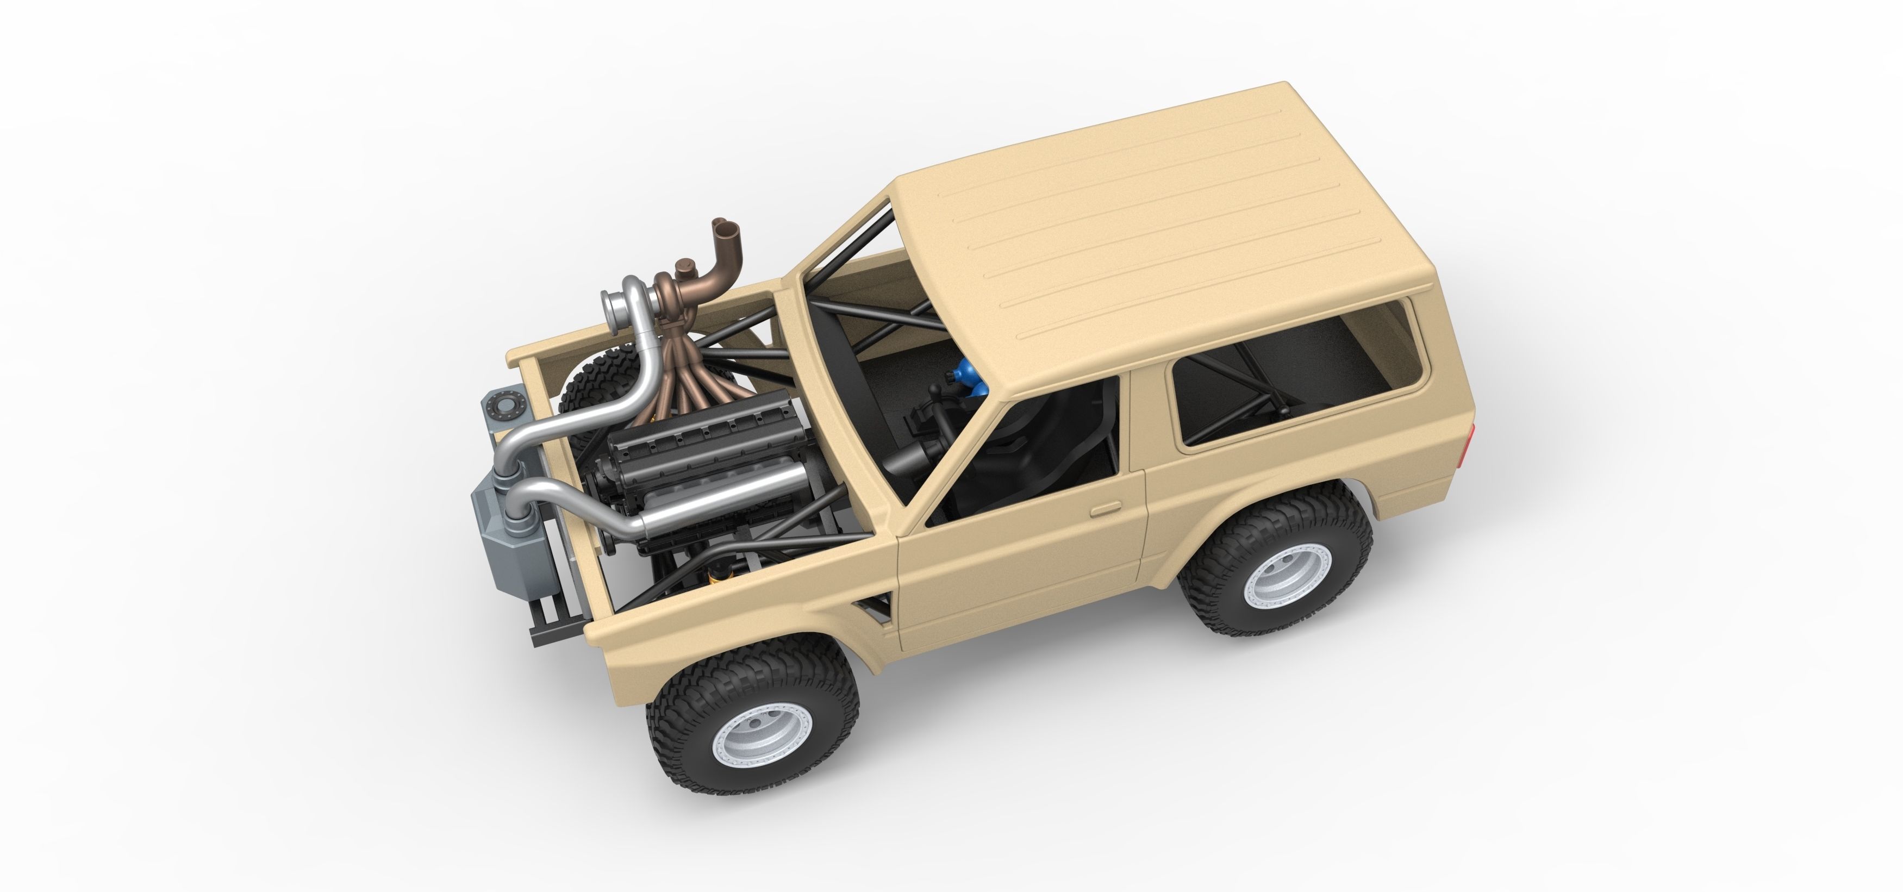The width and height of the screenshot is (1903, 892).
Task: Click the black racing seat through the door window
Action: pos(1034,458)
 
